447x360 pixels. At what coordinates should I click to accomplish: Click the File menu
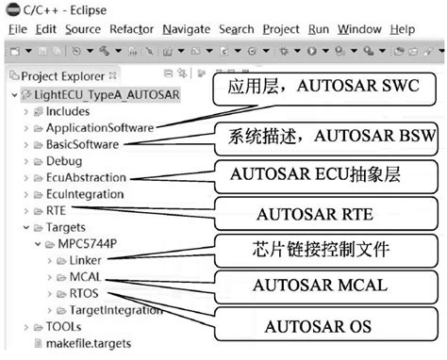click(19, 29)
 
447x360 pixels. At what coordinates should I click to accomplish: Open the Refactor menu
click(131, 29)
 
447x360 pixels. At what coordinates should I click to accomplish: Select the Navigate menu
click(186, 29)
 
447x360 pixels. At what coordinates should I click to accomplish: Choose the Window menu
click(359, 29)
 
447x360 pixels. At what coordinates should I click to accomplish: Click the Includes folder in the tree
click(74, 111)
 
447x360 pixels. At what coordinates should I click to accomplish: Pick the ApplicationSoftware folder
click(100, 128)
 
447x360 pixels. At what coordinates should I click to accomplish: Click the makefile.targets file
click(89, 343)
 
